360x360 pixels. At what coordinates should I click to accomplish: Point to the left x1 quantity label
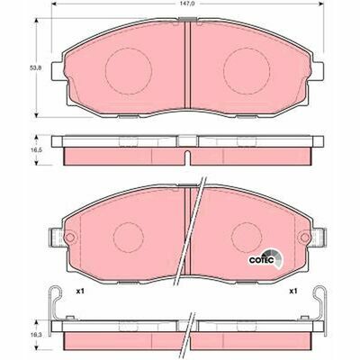(x=79, y=292)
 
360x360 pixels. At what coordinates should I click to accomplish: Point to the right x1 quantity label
(x=293, y=292)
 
